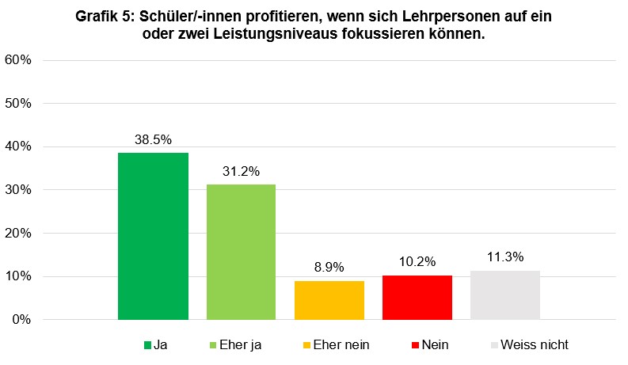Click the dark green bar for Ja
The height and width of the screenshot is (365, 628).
pos(153,236)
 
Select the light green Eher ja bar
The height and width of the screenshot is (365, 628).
pos(241,252)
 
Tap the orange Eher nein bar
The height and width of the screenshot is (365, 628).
pos(329,300)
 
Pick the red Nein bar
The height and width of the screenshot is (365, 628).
pos(417,297)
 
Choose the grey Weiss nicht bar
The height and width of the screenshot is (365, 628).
pos(504,295)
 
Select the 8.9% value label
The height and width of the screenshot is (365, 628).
pos(329,267)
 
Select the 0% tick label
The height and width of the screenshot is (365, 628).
pos(21,320)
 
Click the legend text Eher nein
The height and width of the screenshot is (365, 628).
pos(341,345)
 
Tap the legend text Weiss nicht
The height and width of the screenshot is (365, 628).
pos(535,345)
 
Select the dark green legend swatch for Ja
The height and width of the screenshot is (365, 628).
pos(147,345)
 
